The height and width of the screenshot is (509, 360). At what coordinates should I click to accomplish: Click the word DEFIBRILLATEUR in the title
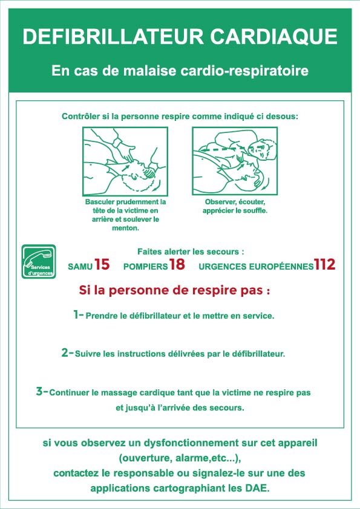pos(113,36)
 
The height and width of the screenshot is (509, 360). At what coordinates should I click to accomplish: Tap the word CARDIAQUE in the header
pos(274,36)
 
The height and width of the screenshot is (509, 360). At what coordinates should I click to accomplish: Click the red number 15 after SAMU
pos(102,264)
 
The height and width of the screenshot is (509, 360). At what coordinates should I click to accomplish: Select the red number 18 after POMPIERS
pos(177,264)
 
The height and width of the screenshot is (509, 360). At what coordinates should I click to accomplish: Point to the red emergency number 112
pos(324,264)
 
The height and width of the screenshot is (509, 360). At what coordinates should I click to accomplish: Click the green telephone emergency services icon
pos(39,262)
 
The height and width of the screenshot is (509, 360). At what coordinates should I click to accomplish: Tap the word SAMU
pos(80,267)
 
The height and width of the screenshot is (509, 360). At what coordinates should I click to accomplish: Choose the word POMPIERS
pos(146,267)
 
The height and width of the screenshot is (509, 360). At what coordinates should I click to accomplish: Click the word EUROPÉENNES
pos(281,266)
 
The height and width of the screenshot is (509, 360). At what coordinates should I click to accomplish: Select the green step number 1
pos(76,314)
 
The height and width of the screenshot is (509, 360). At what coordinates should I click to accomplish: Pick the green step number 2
pos(65,352)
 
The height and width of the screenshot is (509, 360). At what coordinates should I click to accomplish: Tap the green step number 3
pos(40,391)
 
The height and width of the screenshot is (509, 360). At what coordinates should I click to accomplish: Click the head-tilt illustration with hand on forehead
pos(125,161)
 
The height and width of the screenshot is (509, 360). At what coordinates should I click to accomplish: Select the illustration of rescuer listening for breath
pos(235,161)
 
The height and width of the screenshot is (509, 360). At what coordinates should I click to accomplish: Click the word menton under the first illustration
pos(125,228)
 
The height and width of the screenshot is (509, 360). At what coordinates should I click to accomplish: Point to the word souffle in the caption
pos(255,210)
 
